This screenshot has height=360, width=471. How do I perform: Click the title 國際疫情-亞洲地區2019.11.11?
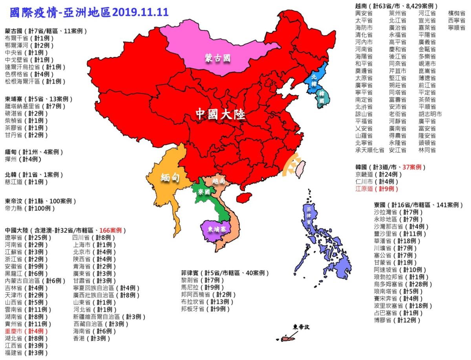tap(89, 12)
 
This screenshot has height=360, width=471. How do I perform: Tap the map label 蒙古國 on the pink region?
tap(217, 58)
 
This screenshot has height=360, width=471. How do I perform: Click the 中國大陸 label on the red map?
tap(220, 114)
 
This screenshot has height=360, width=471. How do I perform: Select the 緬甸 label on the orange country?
tap(170, 177)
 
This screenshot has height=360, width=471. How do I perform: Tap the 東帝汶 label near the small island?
tap(301, 327)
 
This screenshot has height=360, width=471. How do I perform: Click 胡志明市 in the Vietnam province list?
tap(430, 114)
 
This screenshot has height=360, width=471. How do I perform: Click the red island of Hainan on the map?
tap(244, 197)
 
